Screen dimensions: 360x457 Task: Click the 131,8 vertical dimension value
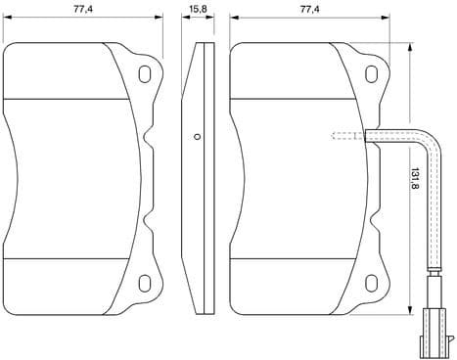click(x=415, y=178)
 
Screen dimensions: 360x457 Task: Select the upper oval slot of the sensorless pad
click(x=147, y=73)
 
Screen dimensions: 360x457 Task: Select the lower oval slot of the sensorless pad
click(x=147, y=285)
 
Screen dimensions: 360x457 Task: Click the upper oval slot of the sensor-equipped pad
click(x=373, y=73)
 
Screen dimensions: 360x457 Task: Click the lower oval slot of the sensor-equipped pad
click(x=373, y=285)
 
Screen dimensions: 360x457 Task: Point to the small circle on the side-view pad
click(x=197, y=136)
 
